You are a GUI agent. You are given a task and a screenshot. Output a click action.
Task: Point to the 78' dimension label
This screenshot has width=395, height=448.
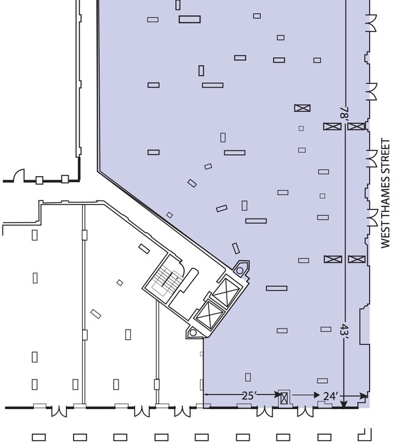(344, 113)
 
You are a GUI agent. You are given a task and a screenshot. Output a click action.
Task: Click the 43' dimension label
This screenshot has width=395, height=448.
(344, 331)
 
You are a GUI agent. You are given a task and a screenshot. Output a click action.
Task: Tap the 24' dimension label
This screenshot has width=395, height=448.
(331, 396)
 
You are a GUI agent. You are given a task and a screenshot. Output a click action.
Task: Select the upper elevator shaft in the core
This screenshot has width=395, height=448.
(227, 292)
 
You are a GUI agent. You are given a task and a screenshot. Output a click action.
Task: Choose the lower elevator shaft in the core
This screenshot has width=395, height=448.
(210, 315)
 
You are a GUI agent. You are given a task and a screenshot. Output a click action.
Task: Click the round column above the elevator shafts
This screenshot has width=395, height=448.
(240, 271)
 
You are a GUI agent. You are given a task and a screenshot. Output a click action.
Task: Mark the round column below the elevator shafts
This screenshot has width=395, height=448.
(193, 333)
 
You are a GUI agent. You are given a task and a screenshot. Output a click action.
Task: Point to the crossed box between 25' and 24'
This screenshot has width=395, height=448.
(284, 398)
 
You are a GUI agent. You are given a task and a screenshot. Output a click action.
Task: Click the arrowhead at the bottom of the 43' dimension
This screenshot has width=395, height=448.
(344, 404)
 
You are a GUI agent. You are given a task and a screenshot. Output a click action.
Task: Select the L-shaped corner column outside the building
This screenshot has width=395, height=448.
(366, 435)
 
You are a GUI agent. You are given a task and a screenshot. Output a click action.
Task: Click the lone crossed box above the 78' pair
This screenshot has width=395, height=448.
(303, 108)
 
